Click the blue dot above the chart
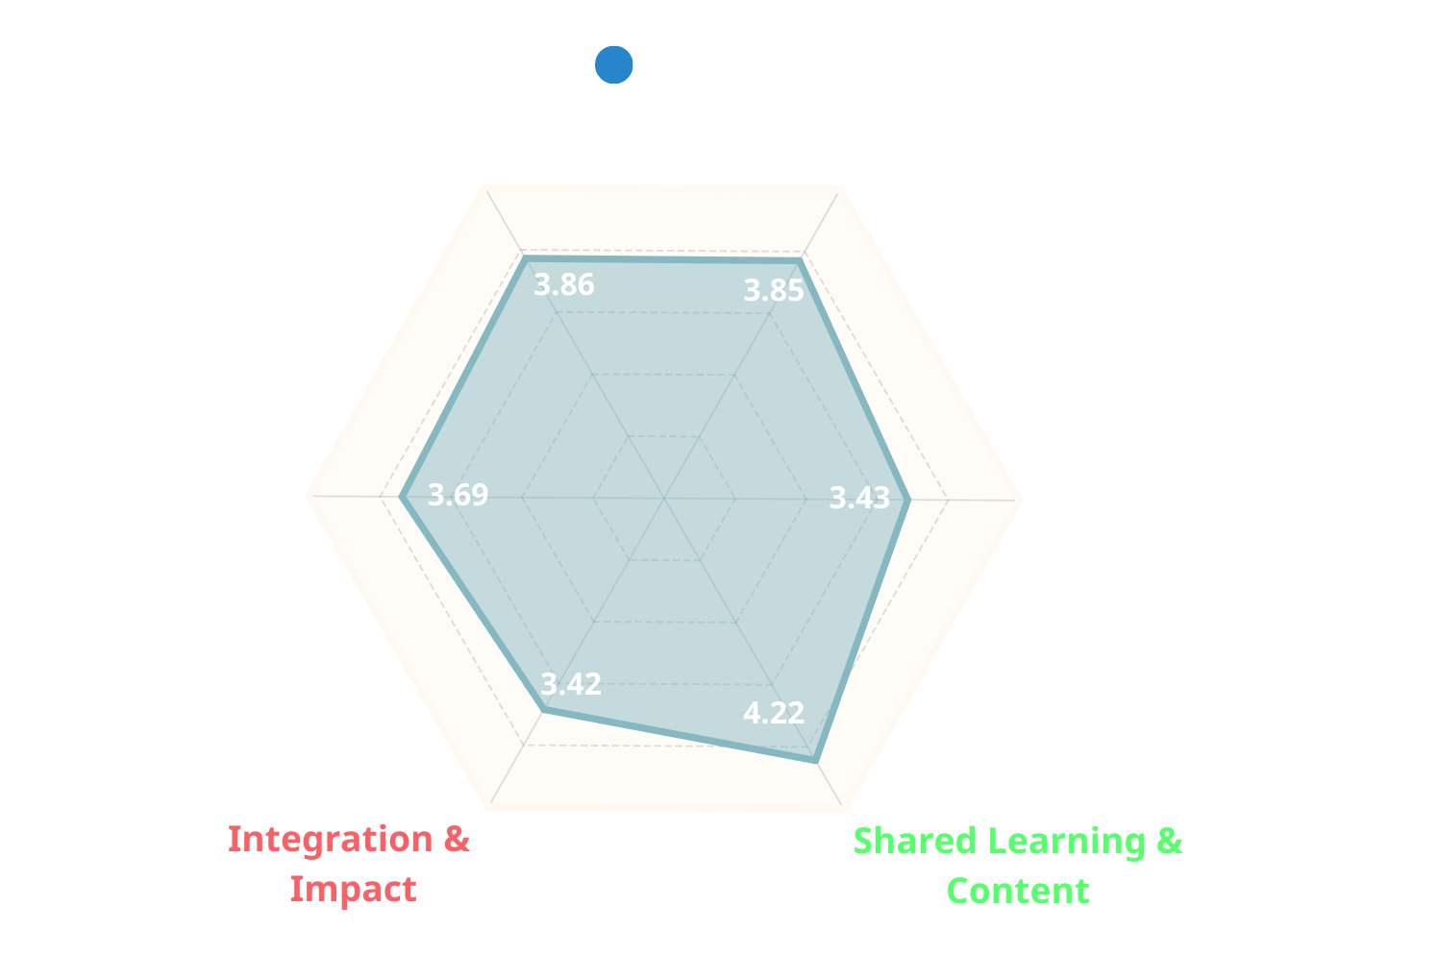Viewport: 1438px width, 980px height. pos(613,64)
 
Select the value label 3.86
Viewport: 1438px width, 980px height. pos(564,284)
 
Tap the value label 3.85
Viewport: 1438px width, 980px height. pos(774,291)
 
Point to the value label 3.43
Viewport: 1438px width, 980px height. pos(859,498)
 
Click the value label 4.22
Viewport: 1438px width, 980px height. pos(774,713)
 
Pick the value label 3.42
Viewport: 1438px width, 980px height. pos(571,684)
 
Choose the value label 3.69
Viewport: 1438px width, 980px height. pos(458,495)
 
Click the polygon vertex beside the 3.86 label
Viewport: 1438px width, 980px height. pos(526,258)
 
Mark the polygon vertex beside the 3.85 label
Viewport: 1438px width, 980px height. pos(800,260)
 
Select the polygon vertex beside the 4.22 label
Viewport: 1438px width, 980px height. pos(816,761)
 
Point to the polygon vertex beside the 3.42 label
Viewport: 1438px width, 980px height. pos(543,710)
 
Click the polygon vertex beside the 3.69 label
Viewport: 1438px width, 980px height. pos(402,497)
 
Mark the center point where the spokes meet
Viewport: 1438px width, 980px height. pos(664,498)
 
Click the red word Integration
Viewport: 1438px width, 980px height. pos(331,840)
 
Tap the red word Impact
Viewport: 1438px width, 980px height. pos(353,890)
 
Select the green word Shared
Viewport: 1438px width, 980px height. pos(915,841)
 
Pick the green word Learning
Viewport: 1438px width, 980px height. pos(1067,843)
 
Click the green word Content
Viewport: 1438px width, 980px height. pos(1018,891)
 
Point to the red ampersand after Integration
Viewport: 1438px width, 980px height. pos(458,840)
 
